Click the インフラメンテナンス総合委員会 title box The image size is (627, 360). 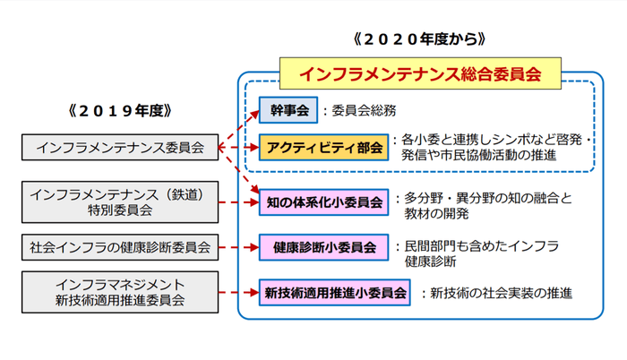pos(420,73)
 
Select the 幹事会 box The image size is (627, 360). pos(288,110)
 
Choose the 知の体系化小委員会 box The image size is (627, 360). pos(324,199)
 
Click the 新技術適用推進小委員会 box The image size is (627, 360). pos(335,292)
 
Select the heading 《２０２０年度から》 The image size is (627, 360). pos(419,39)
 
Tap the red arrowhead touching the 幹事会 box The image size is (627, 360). pos(253,113)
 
